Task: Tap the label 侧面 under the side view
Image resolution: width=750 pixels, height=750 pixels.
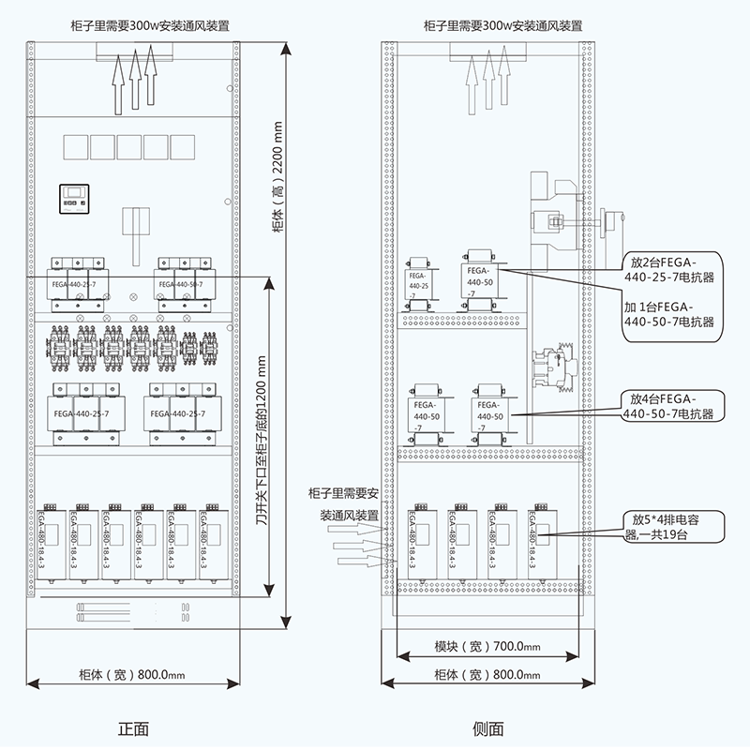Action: click(488, 727)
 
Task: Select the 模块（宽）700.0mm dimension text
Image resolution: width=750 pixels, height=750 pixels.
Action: click(487, 647)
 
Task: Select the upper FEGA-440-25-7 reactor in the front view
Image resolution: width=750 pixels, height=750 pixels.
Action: click(74, 283)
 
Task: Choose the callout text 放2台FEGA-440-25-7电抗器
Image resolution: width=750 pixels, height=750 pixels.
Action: click(667, 268)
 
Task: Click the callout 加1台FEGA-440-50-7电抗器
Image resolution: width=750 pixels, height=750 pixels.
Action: click(668, 314)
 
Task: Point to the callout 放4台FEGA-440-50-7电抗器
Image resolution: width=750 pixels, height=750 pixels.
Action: click(667, 406)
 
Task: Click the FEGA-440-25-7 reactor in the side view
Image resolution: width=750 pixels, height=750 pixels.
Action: click(419, 281)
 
